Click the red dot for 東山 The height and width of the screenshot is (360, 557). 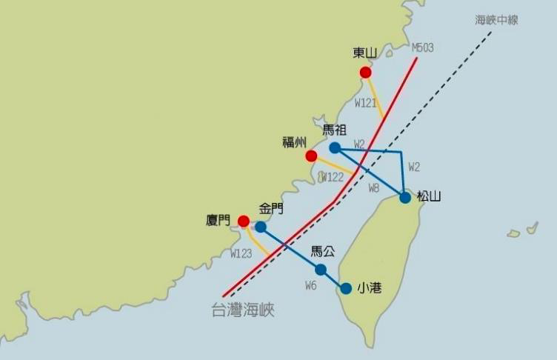tap(365, 72)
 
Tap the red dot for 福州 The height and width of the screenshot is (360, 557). tap(311, 156)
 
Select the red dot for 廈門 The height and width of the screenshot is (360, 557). tap(244, 221)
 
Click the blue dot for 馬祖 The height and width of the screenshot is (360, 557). tap(335, 147)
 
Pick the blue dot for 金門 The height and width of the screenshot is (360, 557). tap(261, 227)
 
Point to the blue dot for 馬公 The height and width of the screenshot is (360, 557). tap(321, 270)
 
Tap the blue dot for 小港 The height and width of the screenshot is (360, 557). tap(346, 288)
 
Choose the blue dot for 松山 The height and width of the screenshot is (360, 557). tap(405, 198)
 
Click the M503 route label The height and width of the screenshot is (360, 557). tap(422, 48)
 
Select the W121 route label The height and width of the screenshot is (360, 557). tap(367, 103)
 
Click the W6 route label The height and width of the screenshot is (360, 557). tap(311, 285)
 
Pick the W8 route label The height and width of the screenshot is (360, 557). tap(374, 188)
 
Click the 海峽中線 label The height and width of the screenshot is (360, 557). tap(496, 20)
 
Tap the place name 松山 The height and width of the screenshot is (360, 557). tap(429, 196)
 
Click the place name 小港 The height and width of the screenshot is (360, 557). tap(370, 287)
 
